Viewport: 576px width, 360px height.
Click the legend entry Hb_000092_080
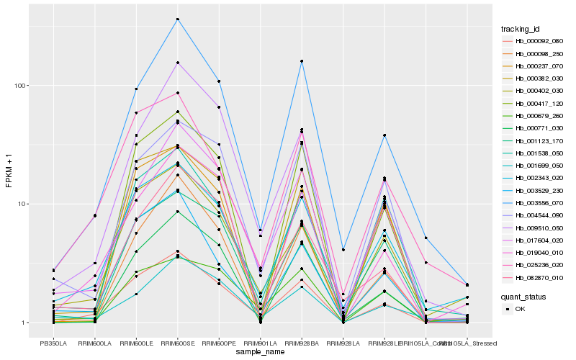[533, 41]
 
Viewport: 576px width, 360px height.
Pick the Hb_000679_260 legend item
[533, 116]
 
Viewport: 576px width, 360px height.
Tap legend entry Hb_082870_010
[533, 278]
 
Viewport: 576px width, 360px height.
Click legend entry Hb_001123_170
[533, 140]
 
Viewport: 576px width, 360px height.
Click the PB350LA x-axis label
[53, 343]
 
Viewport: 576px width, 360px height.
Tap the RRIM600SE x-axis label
[177, 343]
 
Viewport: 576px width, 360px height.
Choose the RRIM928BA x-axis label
[301, 343]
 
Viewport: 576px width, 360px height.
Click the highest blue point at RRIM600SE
[177, 19]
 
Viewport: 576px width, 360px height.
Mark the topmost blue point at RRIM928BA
[301, 61]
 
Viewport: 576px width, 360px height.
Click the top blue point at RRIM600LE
[136, 89]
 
